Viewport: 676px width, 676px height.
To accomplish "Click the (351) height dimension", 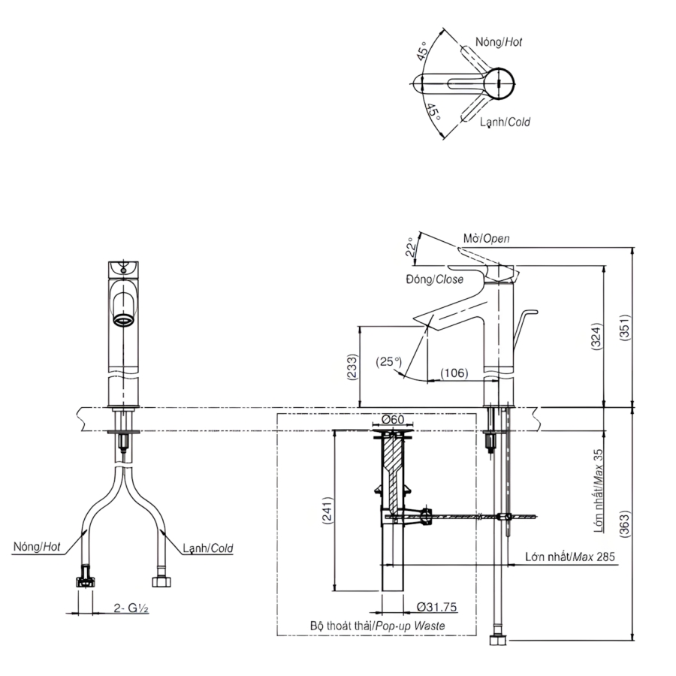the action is coord(625,328).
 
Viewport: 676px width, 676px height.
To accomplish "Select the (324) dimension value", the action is coord(596,336).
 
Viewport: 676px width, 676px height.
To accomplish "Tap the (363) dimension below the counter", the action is coord(625,524).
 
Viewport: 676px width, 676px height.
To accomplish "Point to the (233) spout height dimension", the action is coord(353,367).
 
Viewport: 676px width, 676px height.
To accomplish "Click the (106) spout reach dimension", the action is coord(454,373).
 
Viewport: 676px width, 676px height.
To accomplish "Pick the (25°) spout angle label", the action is coord(389,361).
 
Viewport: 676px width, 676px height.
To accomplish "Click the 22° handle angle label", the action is coord(412,247).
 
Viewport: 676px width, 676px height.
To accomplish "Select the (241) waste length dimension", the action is coord(328,511).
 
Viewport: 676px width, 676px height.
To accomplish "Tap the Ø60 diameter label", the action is coord(393,419).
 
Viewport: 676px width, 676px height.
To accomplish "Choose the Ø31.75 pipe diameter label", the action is coord(436,607).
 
